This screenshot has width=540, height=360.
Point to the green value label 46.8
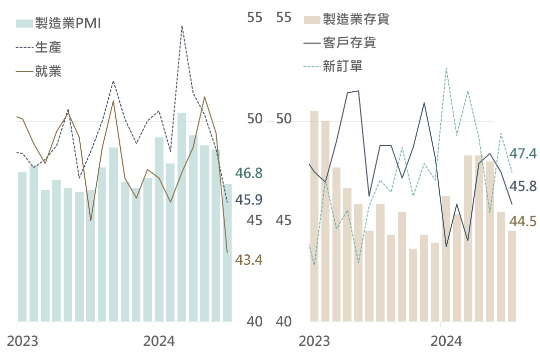click(x=249, y=174)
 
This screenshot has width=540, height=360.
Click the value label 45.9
click(x=249, y=200)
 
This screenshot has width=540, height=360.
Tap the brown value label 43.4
click(x=249, y=260)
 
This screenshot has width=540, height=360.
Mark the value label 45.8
click(x=523, y=187)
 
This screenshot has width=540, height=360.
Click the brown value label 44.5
click(x=523, y=221)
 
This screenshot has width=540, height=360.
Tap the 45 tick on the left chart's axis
click(x=255, y=221)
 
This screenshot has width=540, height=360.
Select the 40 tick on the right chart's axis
click(x=284, y=321)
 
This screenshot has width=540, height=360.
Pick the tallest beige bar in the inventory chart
click(x=314, y=216)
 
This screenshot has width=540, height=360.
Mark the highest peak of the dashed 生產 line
click(x=182, y=26)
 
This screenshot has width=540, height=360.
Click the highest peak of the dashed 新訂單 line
click(x=446, y=68)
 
